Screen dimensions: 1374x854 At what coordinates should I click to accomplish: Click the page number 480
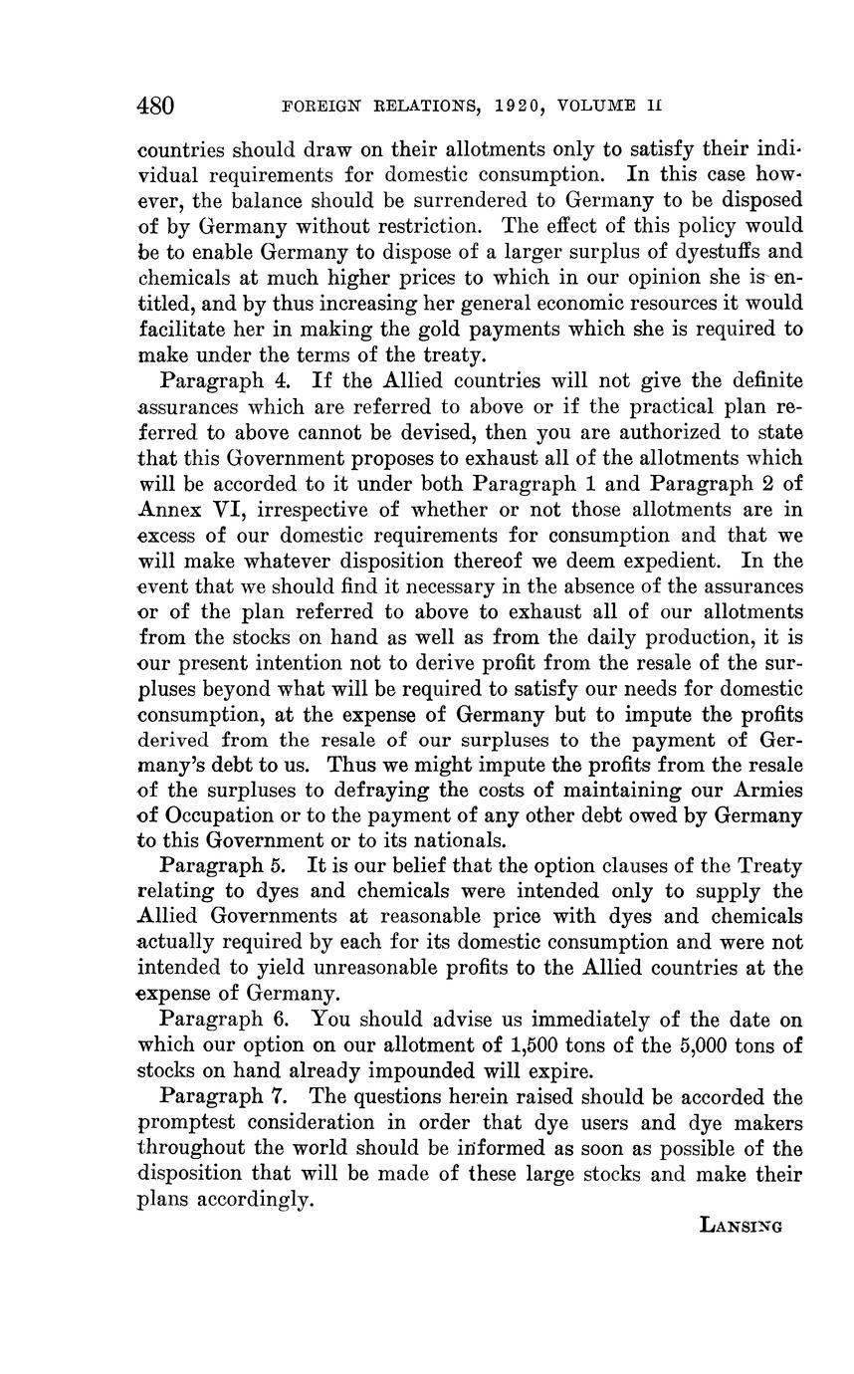tap(155, 105)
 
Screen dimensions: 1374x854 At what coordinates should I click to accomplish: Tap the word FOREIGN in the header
tap(319, 106)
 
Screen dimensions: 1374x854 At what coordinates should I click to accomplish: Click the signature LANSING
tap(742, 1226)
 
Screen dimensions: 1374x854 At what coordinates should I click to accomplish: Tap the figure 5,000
tap(688, 1045)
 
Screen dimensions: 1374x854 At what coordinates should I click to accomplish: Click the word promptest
tap(186, 1123)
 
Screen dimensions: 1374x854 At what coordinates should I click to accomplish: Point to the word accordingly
tap(251, 1201)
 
